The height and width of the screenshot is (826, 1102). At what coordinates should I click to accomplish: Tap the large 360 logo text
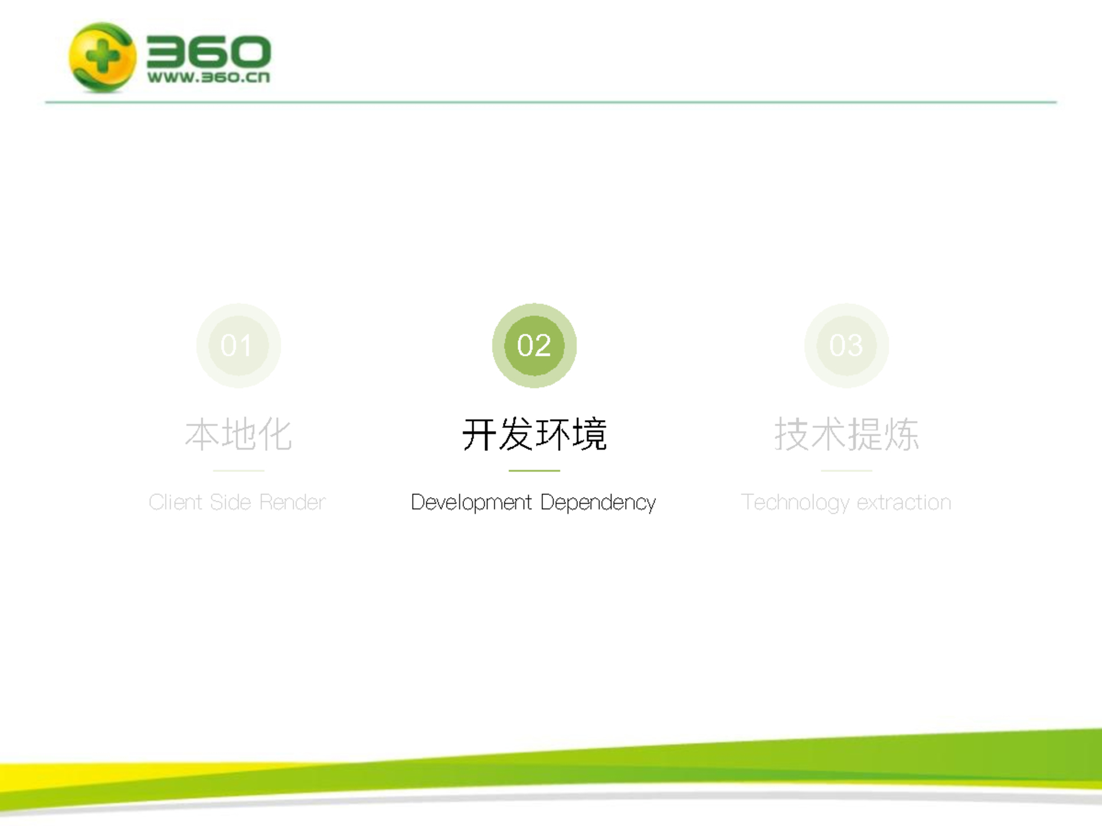pyautogui.click(x=208, y=51)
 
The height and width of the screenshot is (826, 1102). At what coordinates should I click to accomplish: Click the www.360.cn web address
pyautogui.click(x=208, y=77)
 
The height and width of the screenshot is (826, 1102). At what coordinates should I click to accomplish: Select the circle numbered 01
pyautogui.click(x=238, y=345)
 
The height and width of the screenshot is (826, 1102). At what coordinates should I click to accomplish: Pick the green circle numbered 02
pyautogui.click(x=534, y=345)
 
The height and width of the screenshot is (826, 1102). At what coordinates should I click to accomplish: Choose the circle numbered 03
pyautogui.click(x=846, y=345)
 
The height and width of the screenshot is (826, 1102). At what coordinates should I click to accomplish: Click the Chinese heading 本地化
pyautogui.click(x=238, y=434)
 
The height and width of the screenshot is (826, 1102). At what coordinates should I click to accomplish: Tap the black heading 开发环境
pyautogui.click(x=534, y=434)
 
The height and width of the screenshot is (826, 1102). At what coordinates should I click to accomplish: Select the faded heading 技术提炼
pyautogui.click(x=846, y=434)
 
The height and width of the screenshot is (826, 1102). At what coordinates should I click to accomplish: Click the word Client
pyautogui.click(x=175, y=502)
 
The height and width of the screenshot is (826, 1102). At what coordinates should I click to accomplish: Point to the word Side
pyautogui.click(x=230, y=502)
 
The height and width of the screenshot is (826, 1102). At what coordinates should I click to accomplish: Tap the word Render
pyautogui.click(x=292, y=502)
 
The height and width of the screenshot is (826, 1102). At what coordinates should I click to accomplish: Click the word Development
pyautogui.click(x=471, y=503)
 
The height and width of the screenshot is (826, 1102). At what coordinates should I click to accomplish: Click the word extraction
pyautogui.click(x=904, y=502)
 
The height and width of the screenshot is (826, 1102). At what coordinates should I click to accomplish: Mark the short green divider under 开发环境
pyautogui.click(x=534, y=471)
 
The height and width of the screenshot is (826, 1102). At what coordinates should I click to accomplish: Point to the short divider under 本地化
pyautogui.click(x=238, y=471)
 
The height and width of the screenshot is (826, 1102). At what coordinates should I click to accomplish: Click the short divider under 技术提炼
pyautogui.click(x=846, y=471)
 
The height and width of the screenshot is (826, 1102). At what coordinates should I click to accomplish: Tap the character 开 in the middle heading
pyautogui.click(x=479, y=435)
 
